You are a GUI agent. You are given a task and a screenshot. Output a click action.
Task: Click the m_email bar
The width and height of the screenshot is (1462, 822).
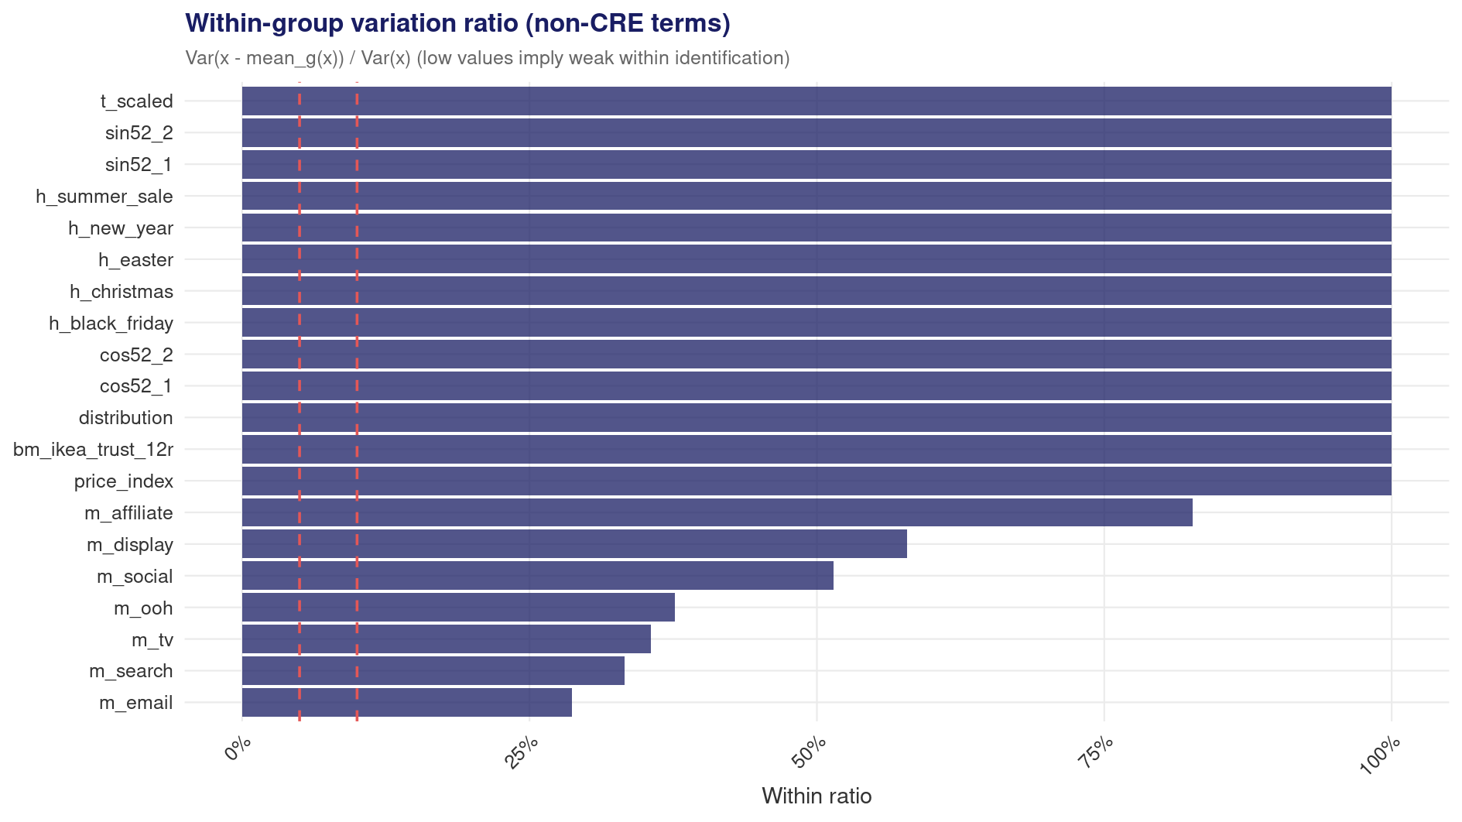(407, 703)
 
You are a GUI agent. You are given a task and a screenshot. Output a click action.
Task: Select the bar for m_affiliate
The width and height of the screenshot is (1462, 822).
(717, 512)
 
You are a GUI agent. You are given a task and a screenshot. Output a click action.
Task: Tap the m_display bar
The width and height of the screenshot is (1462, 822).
(574, 544)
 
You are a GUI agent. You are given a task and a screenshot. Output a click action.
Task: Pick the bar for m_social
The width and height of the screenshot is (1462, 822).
(538, 576)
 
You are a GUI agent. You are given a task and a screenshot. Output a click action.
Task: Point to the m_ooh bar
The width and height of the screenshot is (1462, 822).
(458, 608)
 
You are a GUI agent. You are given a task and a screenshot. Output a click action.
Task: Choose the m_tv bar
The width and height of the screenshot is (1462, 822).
(447, 639)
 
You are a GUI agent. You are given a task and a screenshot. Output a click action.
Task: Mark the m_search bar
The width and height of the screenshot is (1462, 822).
(433, 671)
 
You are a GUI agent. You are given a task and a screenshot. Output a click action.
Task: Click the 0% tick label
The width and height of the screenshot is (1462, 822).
(238, 750)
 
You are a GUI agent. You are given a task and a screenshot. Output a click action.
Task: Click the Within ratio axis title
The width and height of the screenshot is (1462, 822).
(817, 796)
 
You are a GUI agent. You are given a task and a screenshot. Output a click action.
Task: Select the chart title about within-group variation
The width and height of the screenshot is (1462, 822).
(458, 23)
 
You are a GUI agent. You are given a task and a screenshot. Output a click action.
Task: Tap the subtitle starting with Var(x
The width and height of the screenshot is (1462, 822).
(488, 58)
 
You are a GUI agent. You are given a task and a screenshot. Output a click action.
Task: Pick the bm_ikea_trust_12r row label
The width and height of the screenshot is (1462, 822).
(93, 450)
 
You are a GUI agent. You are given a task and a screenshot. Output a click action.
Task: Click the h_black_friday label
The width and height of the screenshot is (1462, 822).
(111, 323)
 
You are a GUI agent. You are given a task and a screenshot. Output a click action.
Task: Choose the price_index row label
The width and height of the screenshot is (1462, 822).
(124, 481)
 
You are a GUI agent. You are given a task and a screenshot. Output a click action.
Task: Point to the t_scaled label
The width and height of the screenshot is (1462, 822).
(137, 101)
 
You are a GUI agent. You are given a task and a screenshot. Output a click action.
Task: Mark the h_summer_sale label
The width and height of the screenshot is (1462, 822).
(104, 197)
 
